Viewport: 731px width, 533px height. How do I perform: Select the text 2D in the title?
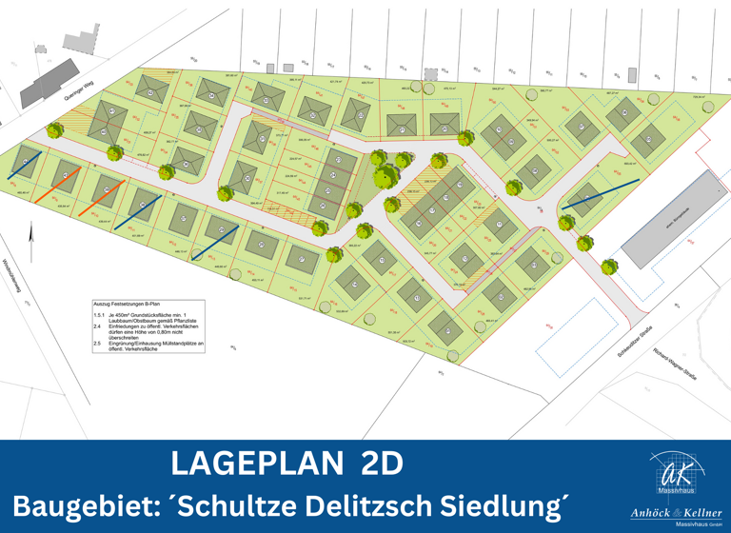click(x=382, y=464)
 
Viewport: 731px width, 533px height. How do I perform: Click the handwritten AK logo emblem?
click(x=678, y=471)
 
